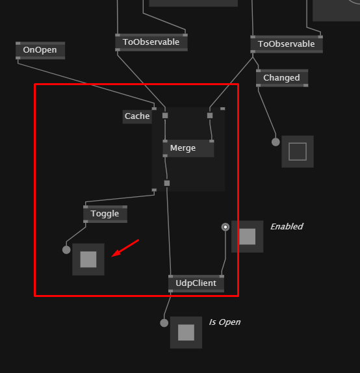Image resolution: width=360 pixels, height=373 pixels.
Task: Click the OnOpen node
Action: [x=40, y=51]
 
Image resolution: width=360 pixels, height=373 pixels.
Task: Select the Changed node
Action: [x=282, y=78]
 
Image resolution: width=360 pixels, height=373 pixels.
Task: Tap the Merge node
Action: [x=188, y=148]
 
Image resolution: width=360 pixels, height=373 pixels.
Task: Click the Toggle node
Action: [x=105, y=214]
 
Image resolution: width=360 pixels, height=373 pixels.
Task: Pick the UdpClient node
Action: [x=196, y=283]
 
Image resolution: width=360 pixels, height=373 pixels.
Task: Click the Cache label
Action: [x=137, y=116]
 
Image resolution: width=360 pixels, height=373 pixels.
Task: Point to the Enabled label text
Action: [x=287, y=226]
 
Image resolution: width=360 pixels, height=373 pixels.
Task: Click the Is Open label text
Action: [x=225, y=322]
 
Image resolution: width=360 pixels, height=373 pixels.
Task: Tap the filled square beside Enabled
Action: [x=247, y=237]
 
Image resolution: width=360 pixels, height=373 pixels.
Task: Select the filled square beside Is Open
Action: [x=186, y=332]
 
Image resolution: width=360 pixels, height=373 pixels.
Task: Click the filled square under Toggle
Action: [x=88, y=259]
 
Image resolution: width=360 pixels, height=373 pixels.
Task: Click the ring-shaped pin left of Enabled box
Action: [x=225, y=227]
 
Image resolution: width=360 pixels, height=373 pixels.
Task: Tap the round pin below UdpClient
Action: [x=164, y=323]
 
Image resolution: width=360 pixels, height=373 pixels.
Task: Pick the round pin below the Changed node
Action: [x=276, y=142]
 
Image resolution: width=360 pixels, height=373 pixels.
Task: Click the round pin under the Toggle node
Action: [x=66, y=250]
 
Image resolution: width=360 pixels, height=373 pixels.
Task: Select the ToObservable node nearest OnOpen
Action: [x=151, y=42]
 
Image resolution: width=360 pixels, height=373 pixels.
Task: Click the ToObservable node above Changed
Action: [x=287, y=44]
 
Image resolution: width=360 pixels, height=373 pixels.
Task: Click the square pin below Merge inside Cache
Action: [x=167, y=183]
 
